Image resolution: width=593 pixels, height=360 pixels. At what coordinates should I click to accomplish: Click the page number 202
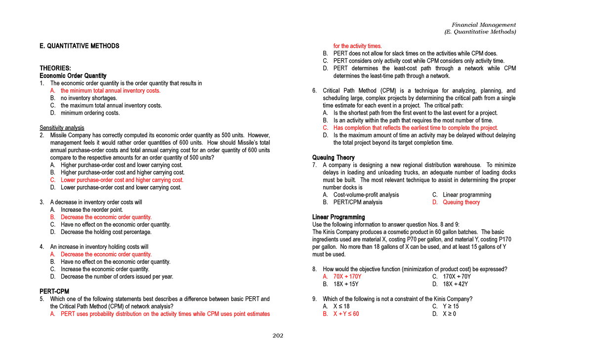pos(278,336)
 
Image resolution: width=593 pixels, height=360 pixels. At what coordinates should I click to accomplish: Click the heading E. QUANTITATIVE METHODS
pos(79,46)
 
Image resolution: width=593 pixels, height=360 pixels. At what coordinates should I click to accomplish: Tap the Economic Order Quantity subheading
pos(73,76)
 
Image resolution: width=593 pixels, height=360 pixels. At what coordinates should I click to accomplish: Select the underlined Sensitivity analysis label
pos(62,128)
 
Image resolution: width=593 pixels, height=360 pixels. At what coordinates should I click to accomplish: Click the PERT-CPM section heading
pos(54,291)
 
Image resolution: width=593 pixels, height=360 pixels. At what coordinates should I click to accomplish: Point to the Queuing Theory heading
pos(334,158)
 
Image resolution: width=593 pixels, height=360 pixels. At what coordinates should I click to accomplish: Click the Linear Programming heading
pos(339,217)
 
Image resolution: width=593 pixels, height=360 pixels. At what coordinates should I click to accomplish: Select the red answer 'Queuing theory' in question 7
pos(461,202)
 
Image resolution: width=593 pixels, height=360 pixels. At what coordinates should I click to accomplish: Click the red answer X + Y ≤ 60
pos(346,314)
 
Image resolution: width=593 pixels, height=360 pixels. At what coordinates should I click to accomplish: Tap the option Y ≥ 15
pos(451,306)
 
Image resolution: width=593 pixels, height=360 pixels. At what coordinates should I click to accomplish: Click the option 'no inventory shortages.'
pos(88,98)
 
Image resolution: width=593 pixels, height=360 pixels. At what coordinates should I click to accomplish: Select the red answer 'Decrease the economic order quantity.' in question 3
pos(106,217)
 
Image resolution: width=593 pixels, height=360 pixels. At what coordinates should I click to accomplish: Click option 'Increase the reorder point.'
pos(91,209)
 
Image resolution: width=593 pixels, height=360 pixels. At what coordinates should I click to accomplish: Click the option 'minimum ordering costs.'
pos(90,113)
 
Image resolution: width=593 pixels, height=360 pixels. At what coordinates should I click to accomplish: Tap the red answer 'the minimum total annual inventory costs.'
pos(110,91)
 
